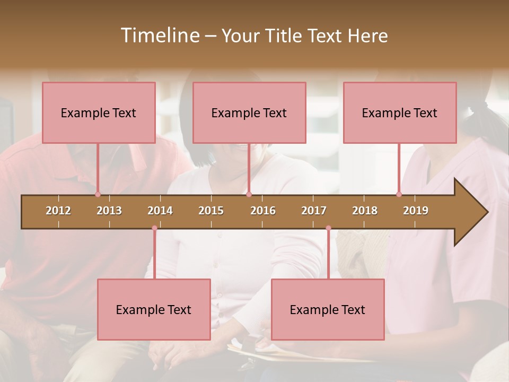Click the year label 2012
click(x=58, y=211)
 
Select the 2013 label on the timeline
click(x=109, y=211)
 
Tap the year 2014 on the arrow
click(x=160, y=211)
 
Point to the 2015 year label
click(x=211, y=211)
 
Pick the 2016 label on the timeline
click(x=263, y=211)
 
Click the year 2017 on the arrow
click(x=314, y=211)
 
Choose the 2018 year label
click(x=365, y=211)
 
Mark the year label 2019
click(x=416, y=211)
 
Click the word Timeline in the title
click(x=159, y=36)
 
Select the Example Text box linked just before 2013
click(x=99, y=112)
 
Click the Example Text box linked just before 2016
click(x=249, y=112)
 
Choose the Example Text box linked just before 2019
click(x=400, y=112)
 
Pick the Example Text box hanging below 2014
click(x=154, y=309)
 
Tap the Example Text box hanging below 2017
click(x=328, y=309)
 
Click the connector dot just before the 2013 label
click(x=98, y=195)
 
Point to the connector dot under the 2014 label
click(x=154, y=228)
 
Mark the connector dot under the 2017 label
click(x=328, y=228)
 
